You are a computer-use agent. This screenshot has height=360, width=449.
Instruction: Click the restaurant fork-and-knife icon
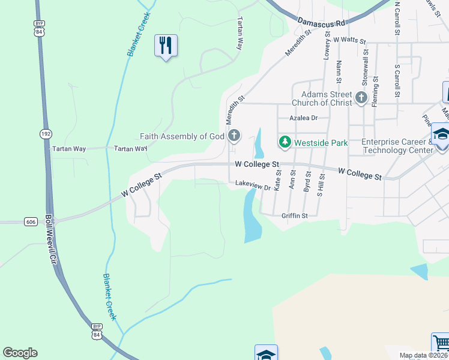pyautogui.click(x=166, y=45)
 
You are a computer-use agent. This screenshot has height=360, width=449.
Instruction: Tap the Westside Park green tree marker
pyautogui.click(x=285, y=142)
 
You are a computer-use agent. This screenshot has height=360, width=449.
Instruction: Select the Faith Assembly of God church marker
pyautogui.click(x=234, y=136)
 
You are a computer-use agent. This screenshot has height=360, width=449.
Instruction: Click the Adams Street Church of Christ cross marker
pyautogui.click(x=361, y=98)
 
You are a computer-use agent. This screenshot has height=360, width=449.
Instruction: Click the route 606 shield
pyautogui.click(x=31, y=221)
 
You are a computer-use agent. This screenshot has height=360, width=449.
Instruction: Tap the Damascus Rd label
pyautogui.click(x=322, y=23)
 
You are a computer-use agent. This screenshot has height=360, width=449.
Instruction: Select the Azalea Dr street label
pyautogui.click(x=303, y=118)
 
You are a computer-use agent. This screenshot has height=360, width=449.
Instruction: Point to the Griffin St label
pyautogui.click(x=294, y=215)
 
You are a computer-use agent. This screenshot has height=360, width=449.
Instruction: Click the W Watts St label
pyautogui.click(x=350, y=40)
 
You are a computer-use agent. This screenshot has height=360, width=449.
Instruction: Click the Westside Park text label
pyautogui.click(x=321, y=143)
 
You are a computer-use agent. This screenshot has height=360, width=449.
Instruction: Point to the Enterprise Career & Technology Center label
pyautogui.click(x=397, y=146)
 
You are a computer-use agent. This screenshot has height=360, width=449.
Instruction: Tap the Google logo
pyautogui.click(x=20, y=353)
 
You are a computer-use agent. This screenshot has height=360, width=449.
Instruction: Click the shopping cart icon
pyautogui.click(x=440, y=343)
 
